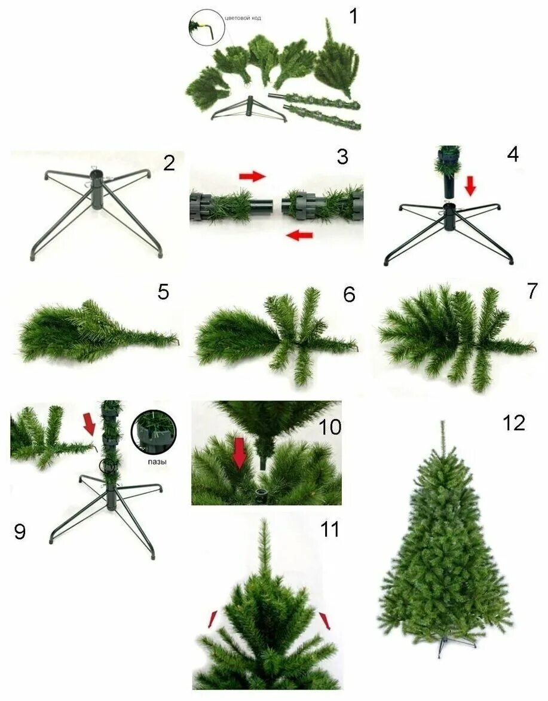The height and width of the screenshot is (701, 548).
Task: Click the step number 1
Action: click(354, 16)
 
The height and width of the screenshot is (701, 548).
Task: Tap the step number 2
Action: click(169, 163)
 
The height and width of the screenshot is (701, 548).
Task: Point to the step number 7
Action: click(532, 291)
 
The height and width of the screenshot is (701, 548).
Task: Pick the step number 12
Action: click(513, 423)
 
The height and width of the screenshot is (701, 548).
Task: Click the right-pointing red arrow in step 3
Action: click(252, 176)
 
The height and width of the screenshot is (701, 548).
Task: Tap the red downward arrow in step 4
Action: click(471, 186)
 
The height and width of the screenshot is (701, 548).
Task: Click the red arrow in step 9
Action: click(89, 425)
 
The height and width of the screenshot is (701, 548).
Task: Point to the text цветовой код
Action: click(243, 18)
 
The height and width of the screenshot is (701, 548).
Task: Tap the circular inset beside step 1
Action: click(207, 27)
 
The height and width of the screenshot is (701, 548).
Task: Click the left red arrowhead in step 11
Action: click(212, 620)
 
